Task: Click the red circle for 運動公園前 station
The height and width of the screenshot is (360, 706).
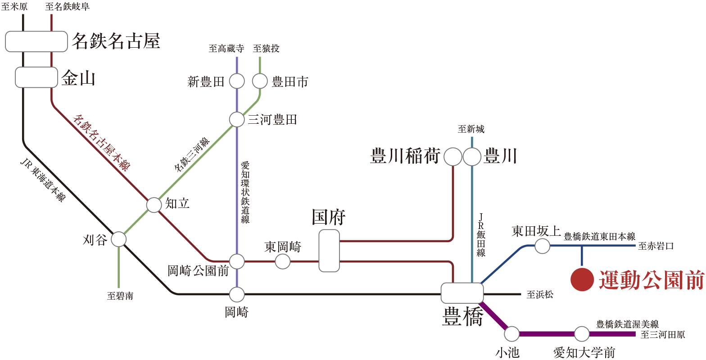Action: [x=582, y=279]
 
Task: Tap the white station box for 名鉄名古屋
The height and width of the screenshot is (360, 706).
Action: [x=36, y=41]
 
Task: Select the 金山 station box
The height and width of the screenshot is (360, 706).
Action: [x=36, y=77]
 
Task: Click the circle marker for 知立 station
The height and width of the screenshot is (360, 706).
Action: [x=154, y=205]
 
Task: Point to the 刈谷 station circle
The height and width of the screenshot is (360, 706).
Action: [x=119, y=239]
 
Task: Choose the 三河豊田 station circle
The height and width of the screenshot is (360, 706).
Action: [x=237, y=119]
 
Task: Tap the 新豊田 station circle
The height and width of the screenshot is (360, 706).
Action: [x=237, y=81]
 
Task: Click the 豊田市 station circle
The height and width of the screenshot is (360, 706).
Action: [x=260, y=81]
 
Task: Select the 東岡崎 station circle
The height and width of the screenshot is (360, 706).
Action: [x=283, y=261]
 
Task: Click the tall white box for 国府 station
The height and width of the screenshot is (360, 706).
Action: [x=329, y=251]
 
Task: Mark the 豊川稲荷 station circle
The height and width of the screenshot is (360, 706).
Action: [x=453, y=157]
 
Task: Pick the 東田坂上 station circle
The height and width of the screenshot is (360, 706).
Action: [x=542, y=246]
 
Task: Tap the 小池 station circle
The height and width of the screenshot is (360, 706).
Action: [x=511, y=334]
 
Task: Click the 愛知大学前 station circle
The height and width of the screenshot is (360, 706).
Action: [x=582, y=334]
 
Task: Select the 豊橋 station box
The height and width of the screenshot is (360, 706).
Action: [x=462, y=293]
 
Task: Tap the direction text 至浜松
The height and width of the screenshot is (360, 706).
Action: [x=540, y=295]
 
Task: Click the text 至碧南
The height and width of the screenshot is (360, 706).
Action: [x=120, y=297]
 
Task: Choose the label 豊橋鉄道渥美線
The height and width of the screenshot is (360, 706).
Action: [x=627, y=324]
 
